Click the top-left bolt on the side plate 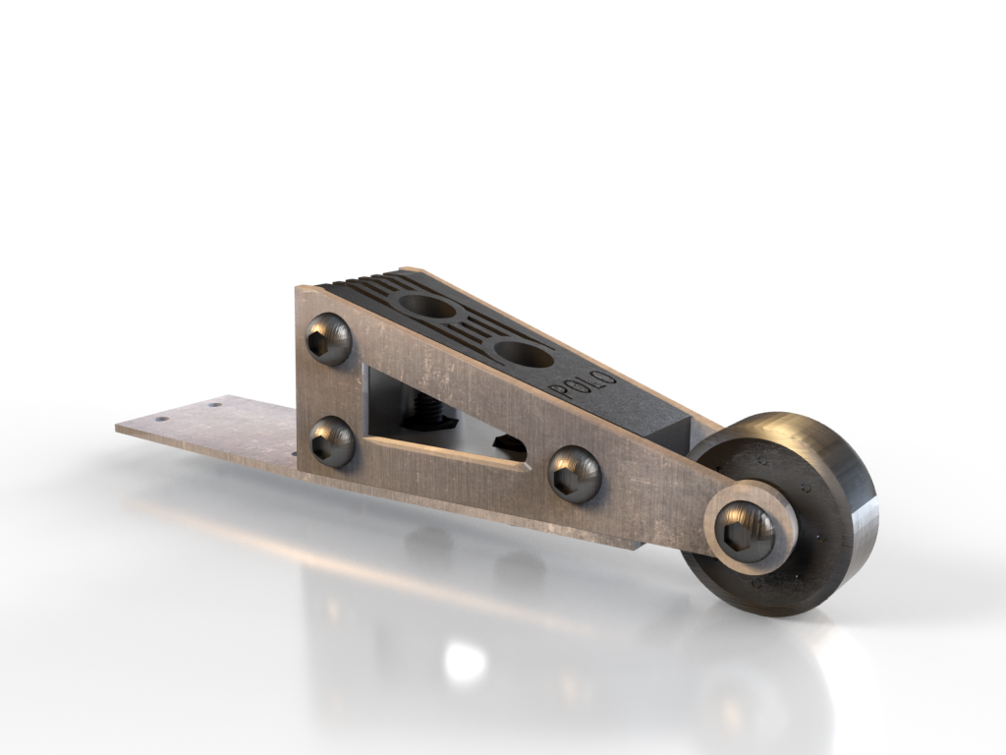point(328,339)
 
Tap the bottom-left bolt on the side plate point(332,441)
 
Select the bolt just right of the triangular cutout point(574,474)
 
